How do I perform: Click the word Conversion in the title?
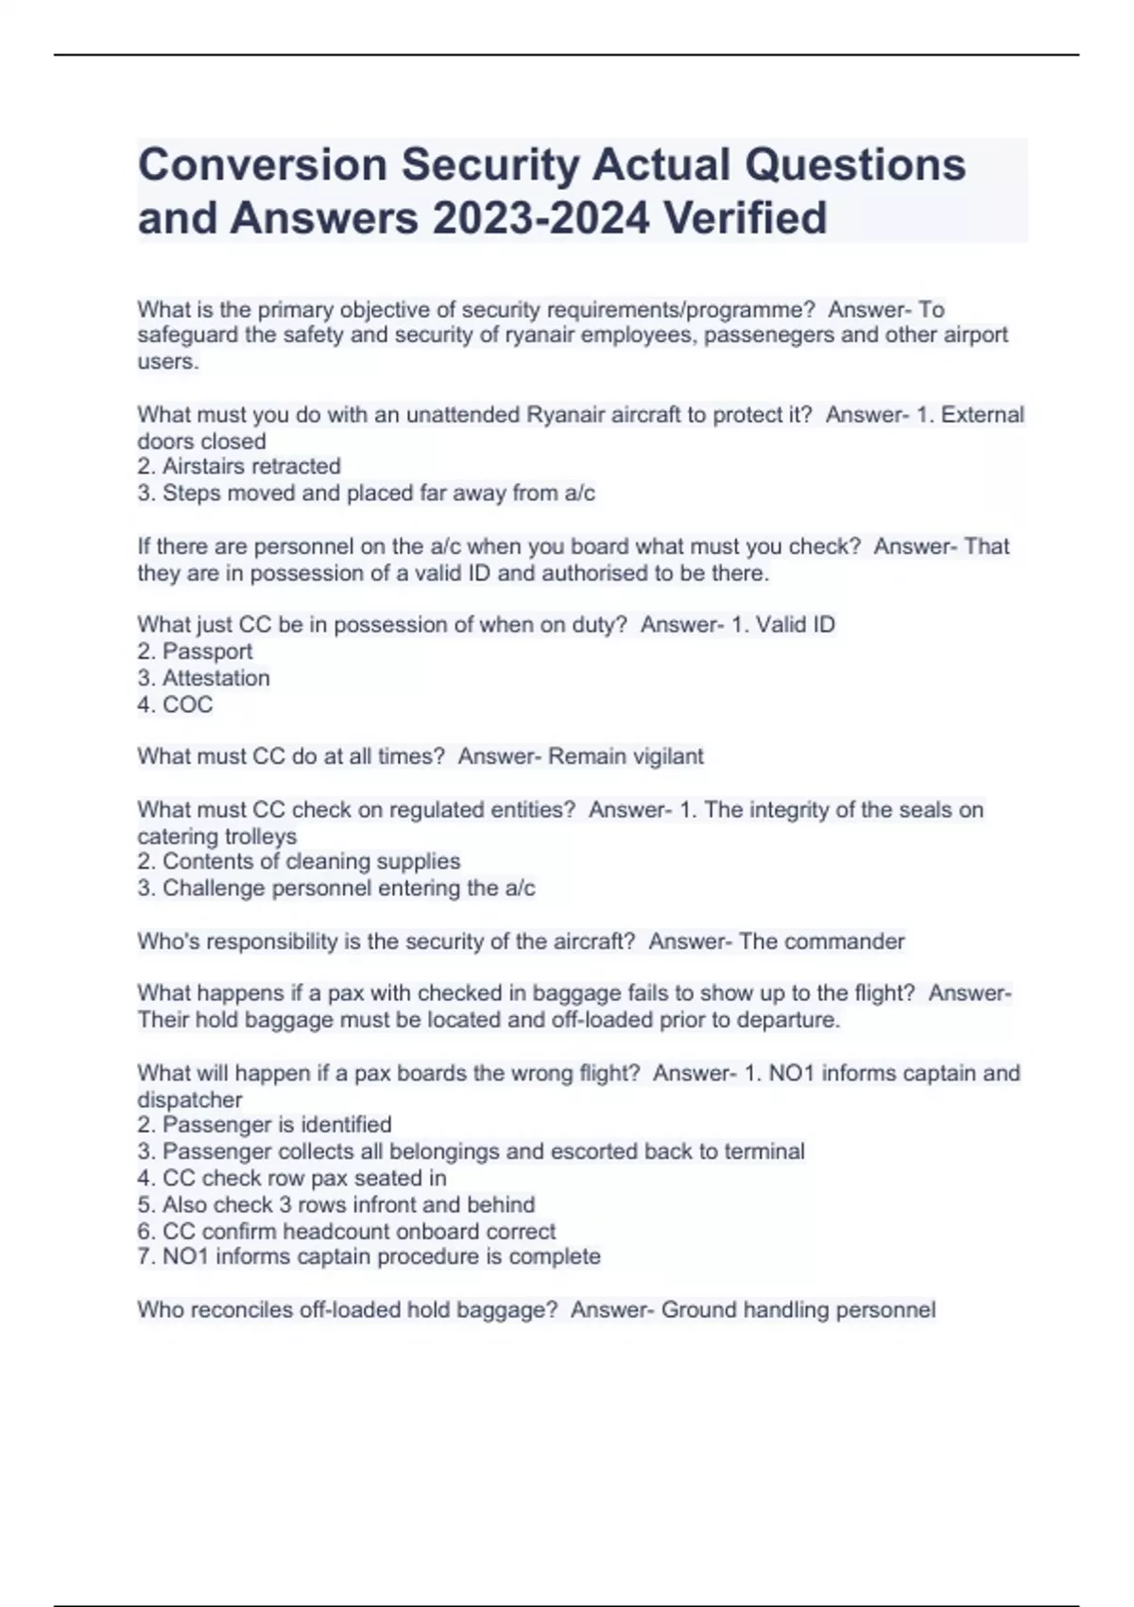coord(263,164)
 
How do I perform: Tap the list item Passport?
coord(207,651)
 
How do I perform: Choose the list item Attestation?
coord(215,678)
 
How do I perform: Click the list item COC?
coord(187,704)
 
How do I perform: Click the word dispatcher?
coord(190,1099)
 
